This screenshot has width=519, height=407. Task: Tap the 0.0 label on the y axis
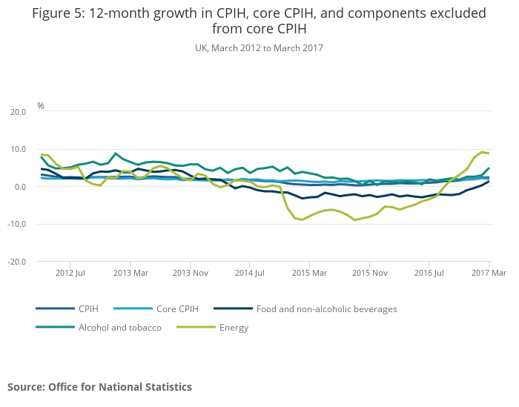21,187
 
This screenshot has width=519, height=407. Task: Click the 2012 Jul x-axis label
69,274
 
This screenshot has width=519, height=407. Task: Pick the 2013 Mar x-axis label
130,274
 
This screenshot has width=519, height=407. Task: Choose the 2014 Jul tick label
250,274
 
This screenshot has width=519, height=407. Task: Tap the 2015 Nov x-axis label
370,274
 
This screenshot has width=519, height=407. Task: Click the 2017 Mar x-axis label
489,274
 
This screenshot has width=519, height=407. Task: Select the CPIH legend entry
87,308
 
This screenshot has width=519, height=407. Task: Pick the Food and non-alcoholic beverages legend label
326,308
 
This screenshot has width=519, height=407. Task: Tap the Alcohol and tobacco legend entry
119,327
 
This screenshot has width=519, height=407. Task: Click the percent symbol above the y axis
41,106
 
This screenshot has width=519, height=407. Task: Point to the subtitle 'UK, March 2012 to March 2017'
259,47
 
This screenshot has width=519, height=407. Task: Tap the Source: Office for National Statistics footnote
99,387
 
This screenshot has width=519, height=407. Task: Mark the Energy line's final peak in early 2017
482,152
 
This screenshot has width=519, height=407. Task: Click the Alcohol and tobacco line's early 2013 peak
116,153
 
